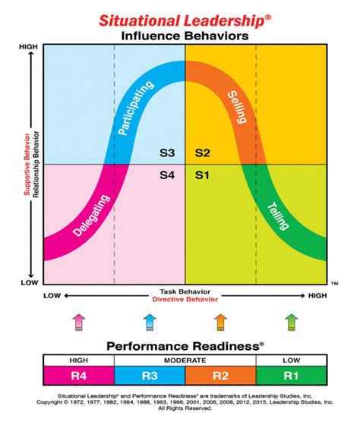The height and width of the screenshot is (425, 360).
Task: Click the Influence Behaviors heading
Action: [185, 35]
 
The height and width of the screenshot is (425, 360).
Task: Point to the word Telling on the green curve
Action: [279, 219]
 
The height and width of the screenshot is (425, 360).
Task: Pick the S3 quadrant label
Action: [168, 153]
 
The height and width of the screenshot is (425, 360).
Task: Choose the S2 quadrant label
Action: [202, 153]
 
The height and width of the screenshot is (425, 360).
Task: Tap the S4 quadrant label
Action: [168, 175]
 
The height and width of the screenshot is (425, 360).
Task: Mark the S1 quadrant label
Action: [202, 175]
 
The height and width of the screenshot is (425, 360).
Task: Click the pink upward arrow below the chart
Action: [77, 322]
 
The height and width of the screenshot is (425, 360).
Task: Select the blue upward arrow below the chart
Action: [149, 322]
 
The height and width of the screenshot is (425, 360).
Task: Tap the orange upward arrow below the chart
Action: [220, 322]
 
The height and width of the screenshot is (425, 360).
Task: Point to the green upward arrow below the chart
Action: [291, 322]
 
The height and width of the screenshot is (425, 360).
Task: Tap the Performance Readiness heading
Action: [185, 345]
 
